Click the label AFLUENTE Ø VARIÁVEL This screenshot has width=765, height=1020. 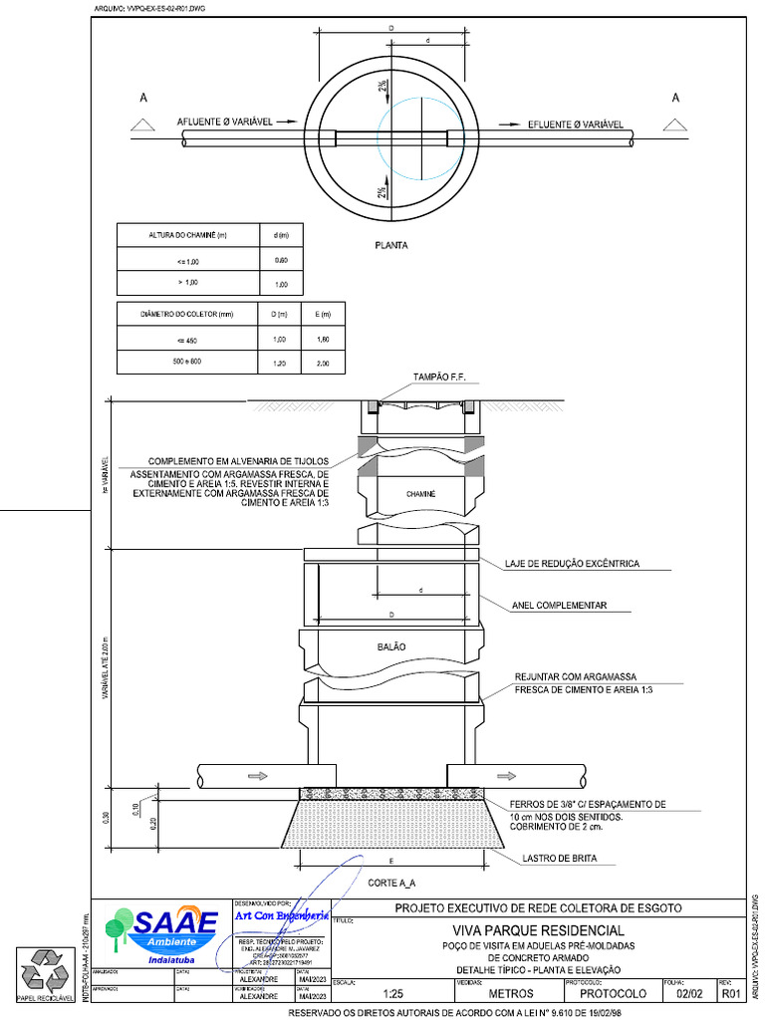point(225,122)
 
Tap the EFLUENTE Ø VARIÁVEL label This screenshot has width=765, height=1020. point(575,125)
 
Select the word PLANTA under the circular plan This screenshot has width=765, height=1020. point(391,244)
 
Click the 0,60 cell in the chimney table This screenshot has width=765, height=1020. point(281,260)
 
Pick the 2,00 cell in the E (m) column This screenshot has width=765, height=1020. point(323,364)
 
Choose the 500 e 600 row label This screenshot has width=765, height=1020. point(184,362)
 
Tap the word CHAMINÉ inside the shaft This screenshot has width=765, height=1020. point(421,494)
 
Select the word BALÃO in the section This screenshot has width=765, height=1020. point(391,647)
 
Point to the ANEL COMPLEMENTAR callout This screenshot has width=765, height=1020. point(558,606)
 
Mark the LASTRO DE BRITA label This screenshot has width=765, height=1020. point(560,858)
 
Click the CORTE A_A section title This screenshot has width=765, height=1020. point(391,884)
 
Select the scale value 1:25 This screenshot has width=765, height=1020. point(392,993)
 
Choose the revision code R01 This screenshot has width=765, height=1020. point(732,993)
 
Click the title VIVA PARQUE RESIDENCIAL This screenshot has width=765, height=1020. point(538,930)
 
